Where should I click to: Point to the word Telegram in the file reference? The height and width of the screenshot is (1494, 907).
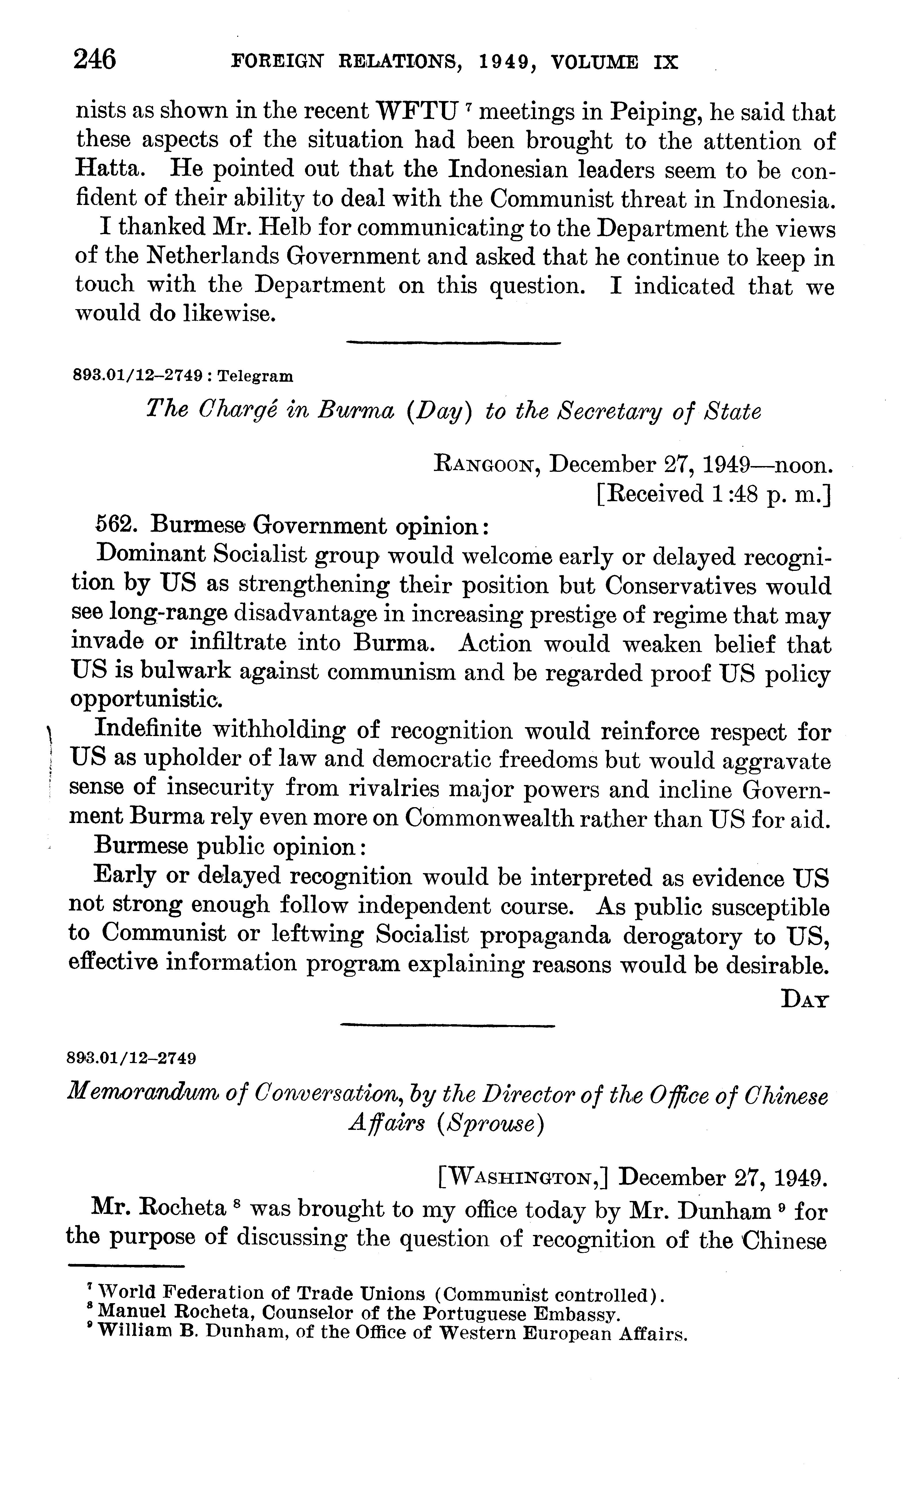pyautogui.click(x=255, y=377)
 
